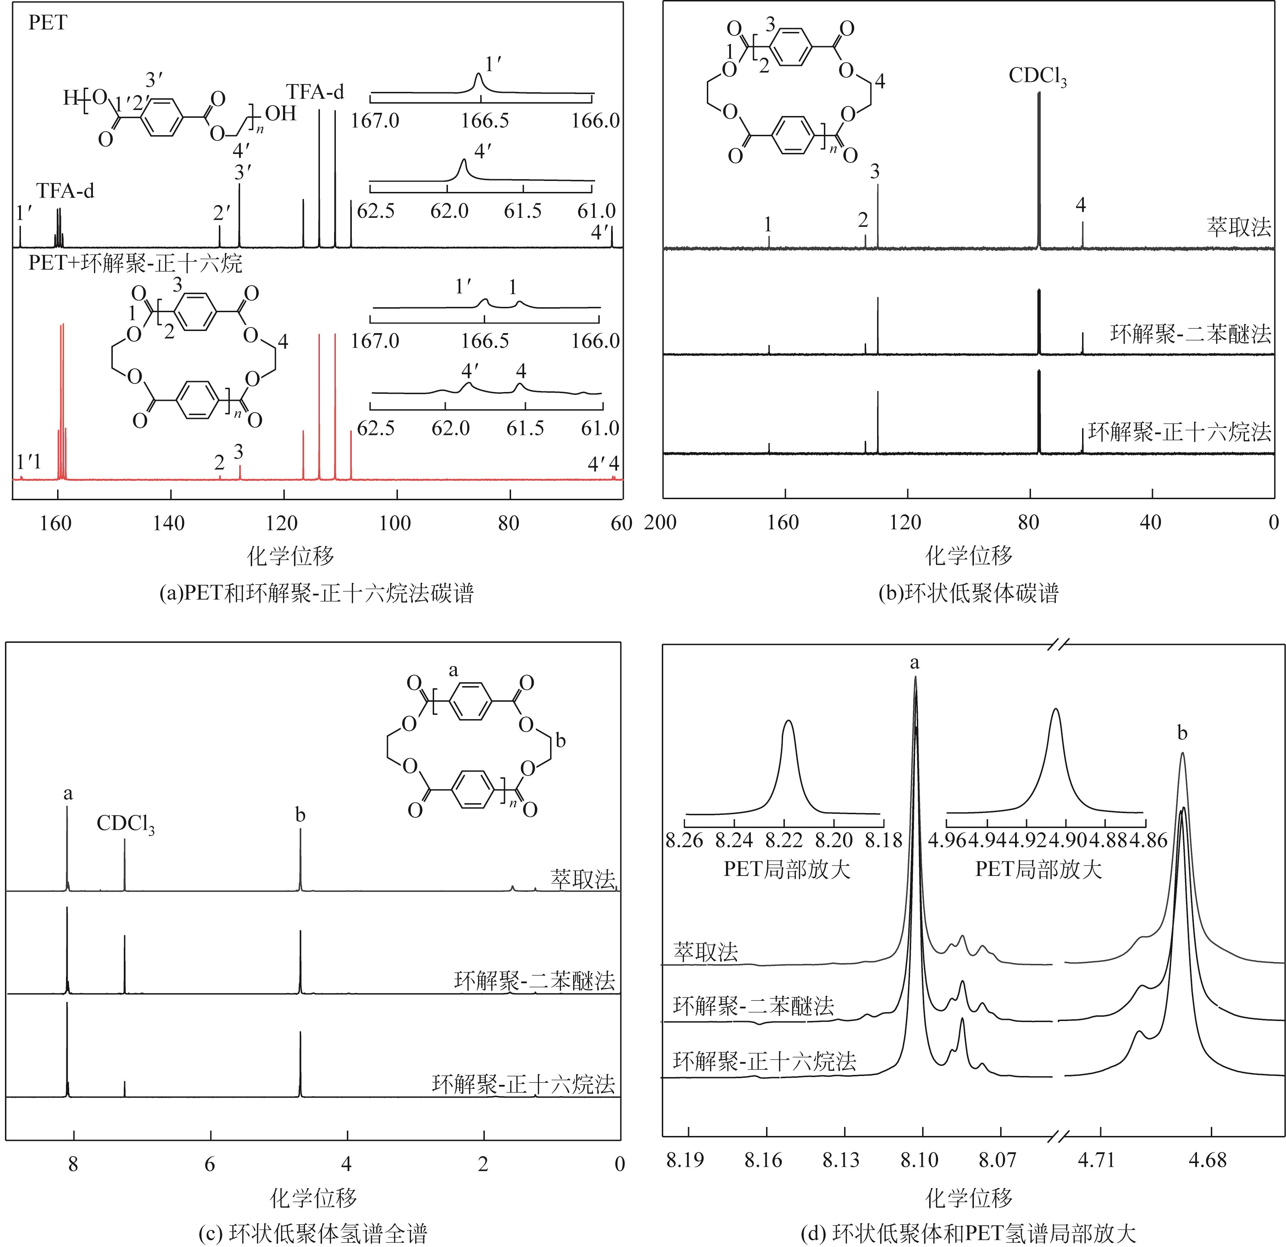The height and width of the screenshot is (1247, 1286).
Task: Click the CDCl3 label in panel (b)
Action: [x=1037, y=77]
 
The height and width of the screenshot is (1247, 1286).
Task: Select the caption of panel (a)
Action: [x=316, y=593]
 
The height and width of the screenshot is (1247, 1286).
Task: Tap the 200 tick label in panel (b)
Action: [x=661, y=523]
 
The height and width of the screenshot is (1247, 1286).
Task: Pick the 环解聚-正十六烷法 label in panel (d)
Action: [x=764, y=1061]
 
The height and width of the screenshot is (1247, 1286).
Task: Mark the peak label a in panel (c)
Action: [x=68, y=794]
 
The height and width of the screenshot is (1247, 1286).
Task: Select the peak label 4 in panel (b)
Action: [x=1081, y=205]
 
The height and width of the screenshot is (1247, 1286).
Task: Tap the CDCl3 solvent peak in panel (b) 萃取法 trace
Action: [x=1039, y=171]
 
